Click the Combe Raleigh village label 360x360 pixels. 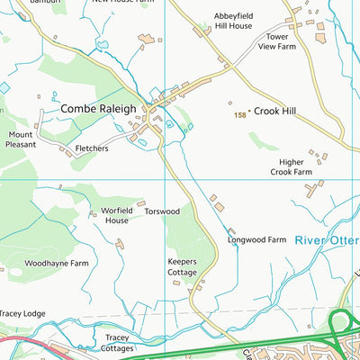coord(98,108)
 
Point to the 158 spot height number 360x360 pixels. coord(239,115)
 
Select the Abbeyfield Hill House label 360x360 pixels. coord(233,22)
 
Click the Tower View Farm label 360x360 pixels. coord(277,41)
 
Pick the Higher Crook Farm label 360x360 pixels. coord(291,167)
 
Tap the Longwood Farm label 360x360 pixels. coord(256,240)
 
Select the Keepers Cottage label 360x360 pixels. coord(181,266)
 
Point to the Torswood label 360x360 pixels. coord(163,211)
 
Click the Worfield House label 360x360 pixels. coord(116,215)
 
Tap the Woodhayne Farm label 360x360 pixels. coord(57,263)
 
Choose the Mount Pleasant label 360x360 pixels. coord(21,139)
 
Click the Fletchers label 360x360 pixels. coord(92,148)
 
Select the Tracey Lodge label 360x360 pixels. coord(22,313)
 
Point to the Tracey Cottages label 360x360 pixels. coord(118,343)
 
